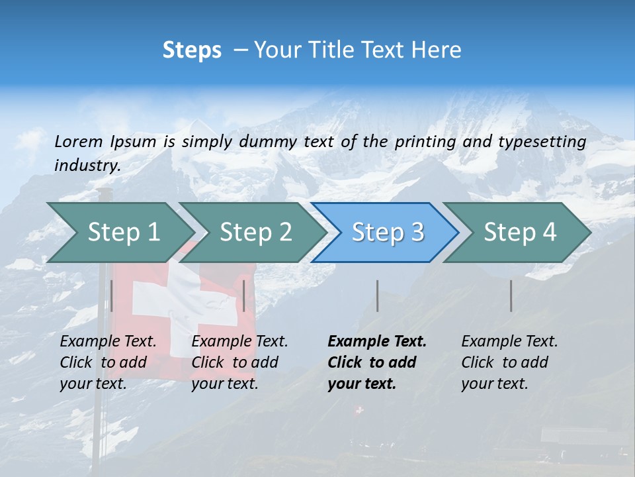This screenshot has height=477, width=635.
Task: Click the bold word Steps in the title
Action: click(192, 50)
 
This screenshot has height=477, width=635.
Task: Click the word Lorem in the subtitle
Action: click(77, 141)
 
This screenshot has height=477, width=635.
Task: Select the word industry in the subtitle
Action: click(87, 165)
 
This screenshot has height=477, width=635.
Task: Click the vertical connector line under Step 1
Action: click(111, 295)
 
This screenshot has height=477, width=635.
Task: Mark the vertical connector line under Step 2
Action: click(244, 295)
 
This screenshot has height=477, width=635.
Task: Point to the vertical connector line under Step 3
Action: click(377, 295)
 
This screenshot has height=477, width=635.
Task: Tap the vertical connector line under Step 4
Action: click(511, 295)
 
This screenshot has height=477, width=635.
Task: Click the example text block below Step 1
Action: click(108, 362)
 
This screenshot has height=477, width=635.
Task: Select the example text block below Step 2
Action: click(239, 362)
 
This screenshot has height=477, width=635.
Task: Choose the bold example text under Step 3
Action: click(377, 362)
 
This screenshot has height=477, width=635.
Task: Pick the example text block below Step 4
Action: click(509, 362)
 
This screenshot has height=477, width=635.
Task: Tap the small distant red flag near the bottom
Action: click(359, 411)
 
